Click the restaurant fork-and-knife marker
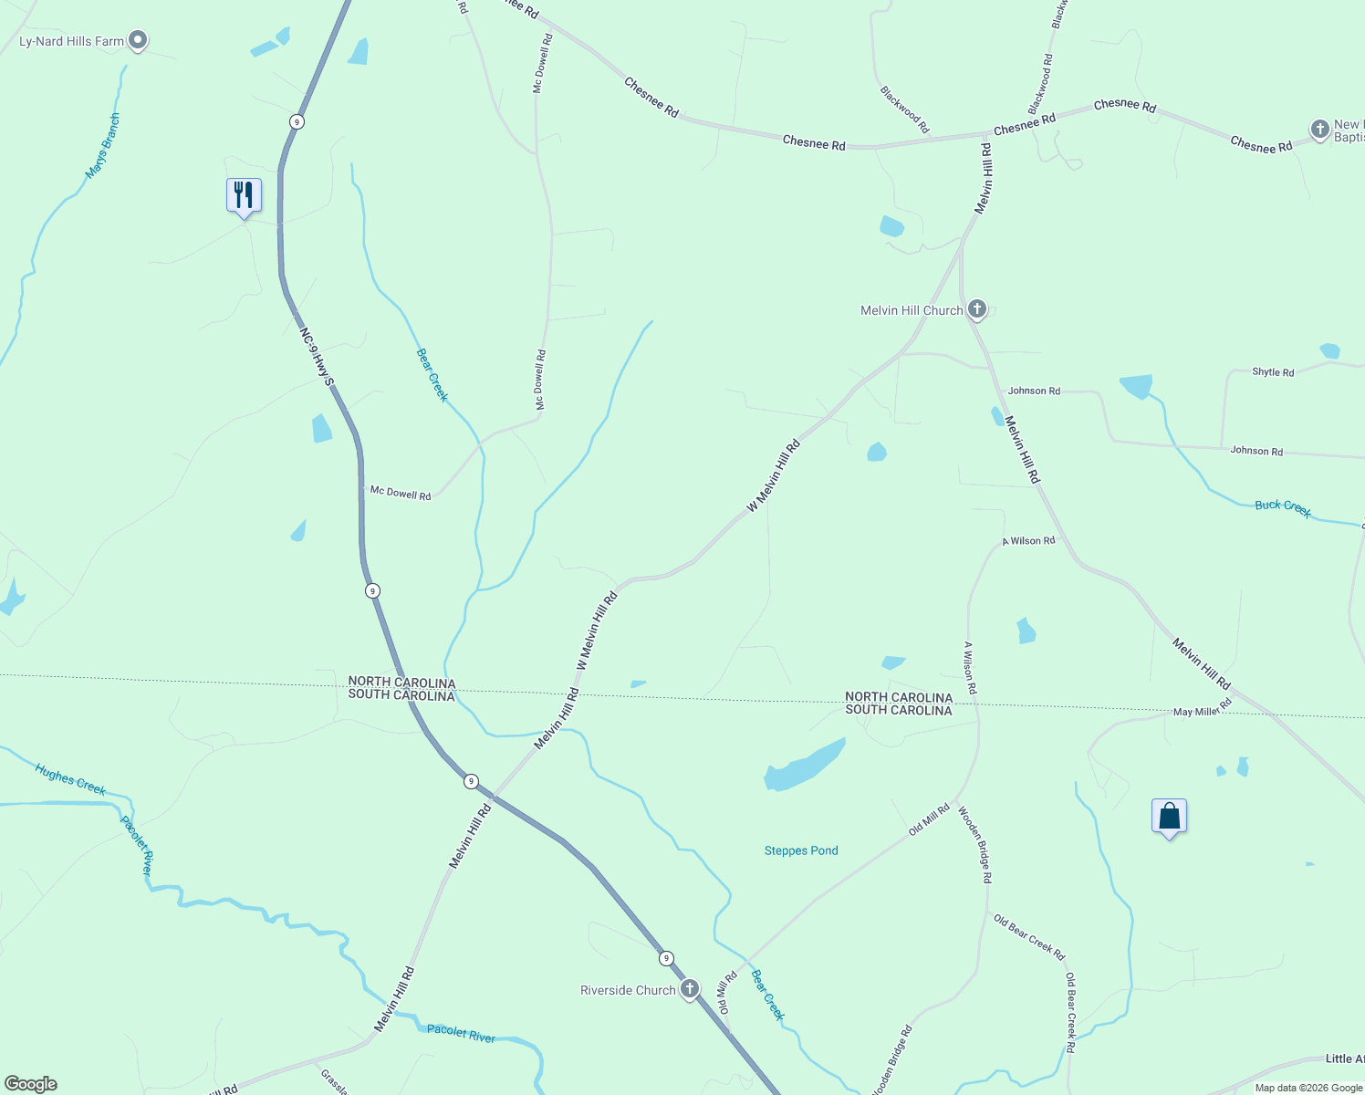(244, 195)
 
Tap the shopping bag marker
(1169, 816)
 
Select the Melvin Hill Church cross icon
(977, 309)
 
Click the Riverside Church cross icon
(690, 989)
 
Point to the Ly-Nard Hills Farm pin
(138, 40)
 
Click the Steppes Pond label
(801, 850)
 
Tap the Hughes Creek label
(70, 780)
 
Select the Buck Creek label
(1283, 508)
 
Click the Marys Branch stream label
(102, 146)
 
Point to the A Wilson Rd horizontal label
(1028, 541)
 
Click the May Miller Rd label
(1203, 707)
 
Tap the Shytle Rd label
(1273, 372)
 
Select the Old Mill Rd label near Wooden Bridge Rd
(929, 819)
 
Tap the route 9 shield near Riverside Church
(667, 958)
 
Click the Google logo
(31, 1084)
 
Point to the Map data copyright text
(1308, 1088)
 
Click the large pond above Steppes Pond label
(804, 766)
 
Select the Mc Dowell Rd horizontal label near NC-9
(400, 493)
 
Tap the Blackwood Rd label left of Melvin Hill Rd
(904, 109)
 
